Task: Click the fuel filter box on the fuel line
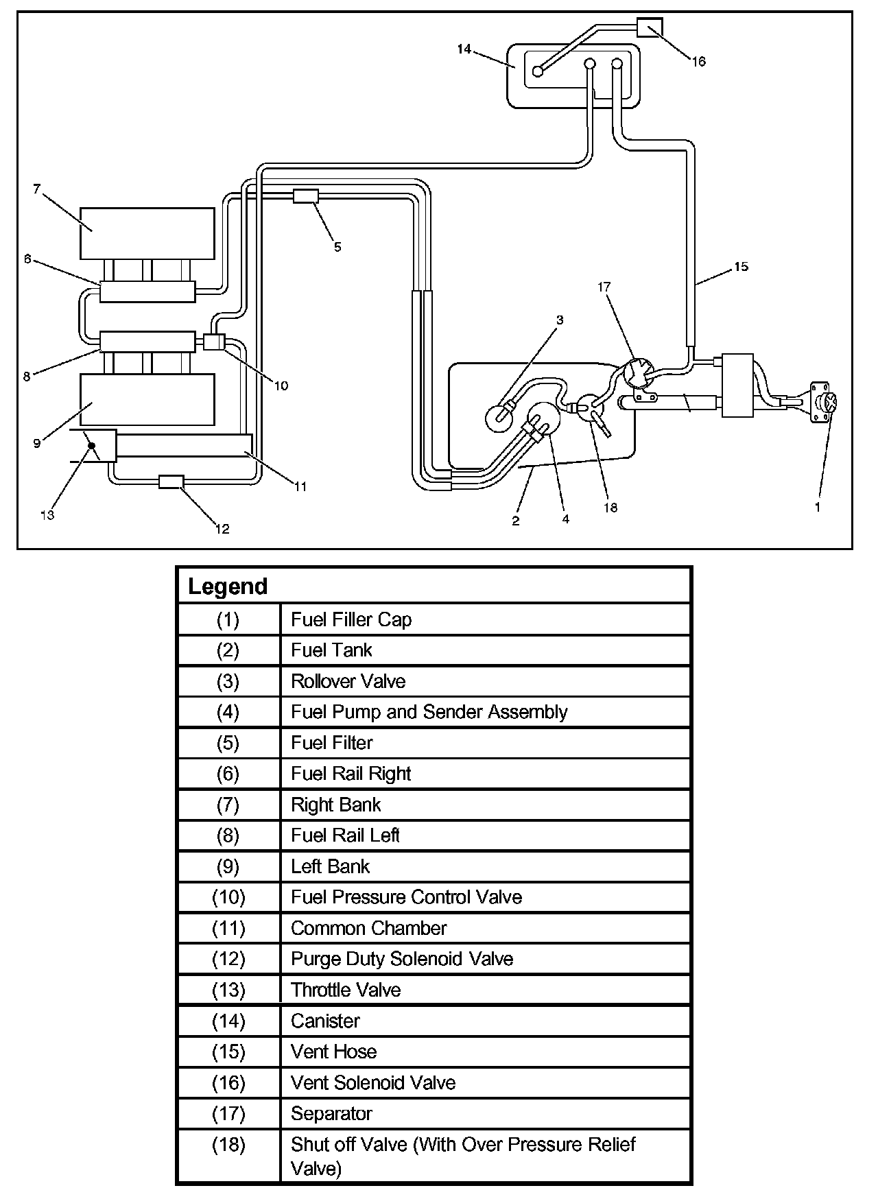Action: pos(306,196)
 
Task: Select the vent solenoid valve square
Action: pos(650,27)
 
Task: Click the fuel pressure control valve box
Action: pos(215,342)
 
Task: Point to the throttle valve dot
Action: pos(91,446)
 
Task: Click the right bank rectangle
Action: pos(147,233)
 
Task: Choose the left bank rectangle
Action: pos(147,399)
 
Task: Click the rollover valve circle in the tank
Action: pos(500,417)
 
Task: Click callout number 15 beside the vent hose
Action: pos(741,266)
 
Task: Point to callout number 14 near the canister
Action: pos(464,49)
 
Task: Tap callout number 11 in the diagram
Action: pos(300,486)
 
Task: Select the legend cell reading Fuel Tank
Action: pos(331,650)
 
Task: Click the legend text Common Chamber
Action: pos(368,928)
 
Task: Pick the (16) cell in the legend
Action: pos(228,1082)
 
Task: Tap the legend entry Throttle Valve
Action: pos(346,990)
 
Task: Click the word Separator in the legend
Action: pos(331,1113)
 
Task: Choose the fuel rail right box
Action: pos(147,292)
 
